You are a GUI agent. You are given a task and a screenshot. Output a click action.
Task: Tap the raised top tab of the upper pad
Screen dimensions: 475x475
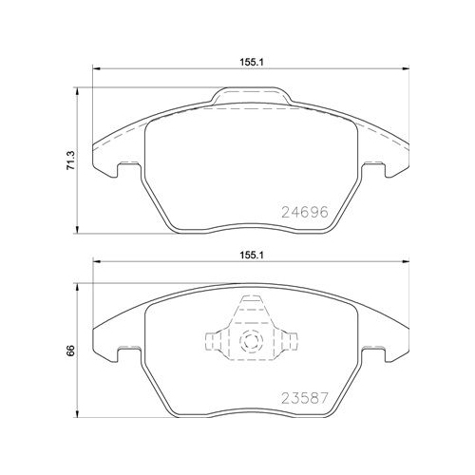coord(251,95)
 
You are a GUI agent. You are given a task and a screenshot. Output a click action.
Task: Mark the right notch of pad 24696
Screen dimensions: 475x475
coord(385,171)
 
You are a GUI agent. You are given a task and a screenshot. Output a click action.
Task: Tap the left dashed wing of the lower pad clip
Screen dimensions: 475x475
coord(216,340)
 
